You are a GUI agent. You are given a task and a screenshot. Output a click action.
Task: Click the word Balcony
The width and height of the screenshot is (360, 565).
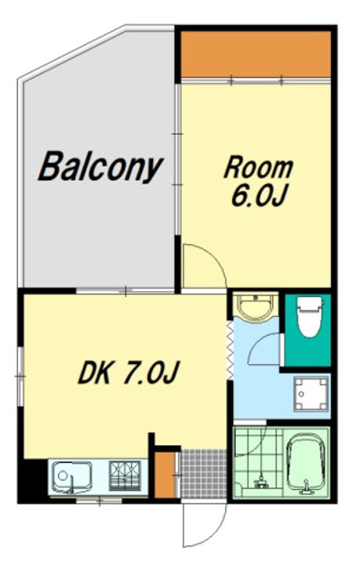pyautogui.click(x=100, y=168)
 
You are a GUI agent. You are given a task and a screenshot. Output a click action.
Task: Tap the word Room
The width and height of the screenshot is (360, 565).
pyautogui.click(x=259, y=168)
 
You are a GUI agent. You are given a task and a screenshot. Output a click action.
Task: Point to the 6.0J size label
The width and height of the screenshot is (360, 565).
pyautogui.click(x=259, y=196)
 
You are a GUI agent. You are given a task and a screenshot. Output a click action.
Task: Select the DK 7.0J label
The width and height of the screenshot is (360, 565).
pyautogui.click(x=128, y=372)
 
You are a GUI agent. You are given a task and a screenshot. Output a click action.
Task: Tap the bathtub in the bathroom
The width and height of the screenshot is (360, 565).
pyautogui.click(x=306, y=464)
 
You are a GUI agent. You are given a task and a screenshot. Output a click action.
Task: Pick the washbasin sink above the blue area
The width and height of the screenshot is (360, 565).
pyautogui.click(x=256, y=307)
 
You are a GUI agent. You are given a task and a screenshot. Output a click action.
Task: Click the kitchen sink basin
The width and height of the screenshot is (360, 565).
pyautogui.click(x=71, y=477)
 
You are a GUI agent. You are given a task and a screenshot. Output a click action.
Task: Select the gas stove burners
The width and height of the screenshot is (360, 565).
pyautogui.click(x=125, y=476)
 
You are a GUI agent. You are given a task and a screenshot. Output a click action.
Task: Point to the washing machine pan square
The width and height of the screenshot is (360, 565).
pyautogui.click(x=311, y=394)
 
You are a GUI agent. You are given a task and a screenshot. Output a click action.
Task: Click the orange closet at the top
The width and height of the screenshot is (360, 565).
pyautogui.click(x=256, y=54)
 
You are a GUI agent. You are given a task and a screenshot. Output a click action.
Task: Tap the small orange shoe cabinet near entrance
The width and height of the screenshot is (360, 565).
pyautogui.click(x=165, y=475)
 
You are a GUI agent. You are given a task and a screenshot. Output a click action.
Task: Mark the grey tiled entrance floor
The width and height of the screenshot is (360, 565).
pyautogui.click(x=204, y=473)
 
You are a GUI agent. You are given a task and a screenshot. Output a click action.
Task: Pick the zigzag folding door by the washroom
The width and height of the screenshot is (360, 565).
pyautogui.click(x=230, y=350)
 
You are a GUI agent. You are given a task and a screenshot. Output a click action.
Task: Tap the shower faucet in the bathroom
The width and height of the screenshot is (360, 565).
pyautogui.click(x=261, y=482)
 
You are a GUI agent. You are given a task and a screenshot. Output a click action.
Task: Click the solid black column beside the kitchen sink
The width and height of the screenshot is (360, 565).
pyautogui.click(x=33, y=481)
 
